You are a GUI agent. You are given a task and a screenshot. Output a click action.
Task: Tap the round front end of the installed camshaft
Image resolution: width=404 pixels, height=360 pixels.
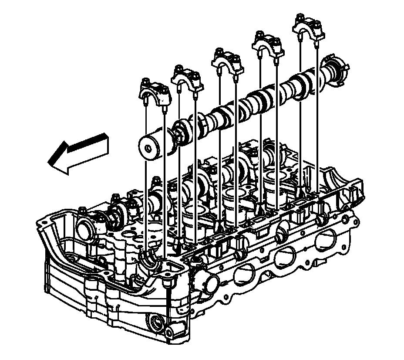click(x=85, y=226)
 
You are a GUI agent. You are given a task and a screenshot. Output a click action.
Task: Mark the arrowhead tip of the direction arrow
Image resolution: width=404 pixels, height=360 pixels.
click(x=49, y=162)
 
